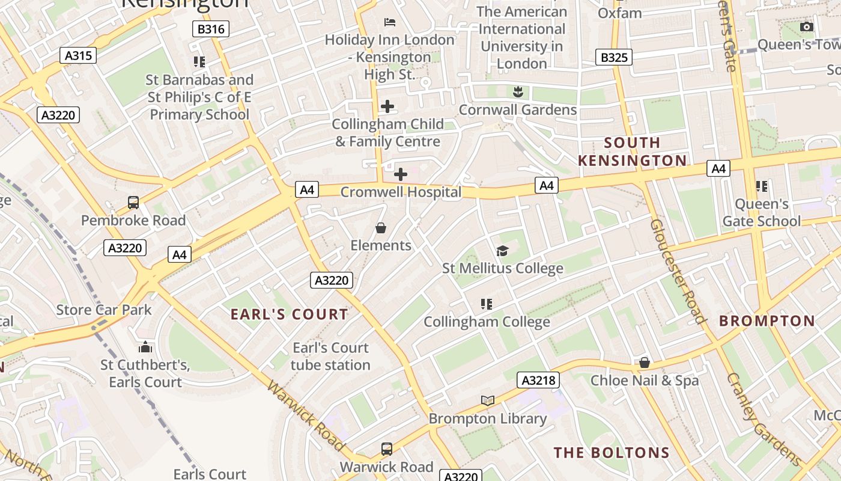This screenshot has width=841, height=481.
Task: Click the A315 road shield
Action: tap(78, 56)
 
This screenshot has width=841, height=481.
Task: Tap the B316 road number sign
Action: tap(211, 29)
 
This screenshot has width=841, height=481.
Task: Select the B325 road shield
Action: tap(613, 57)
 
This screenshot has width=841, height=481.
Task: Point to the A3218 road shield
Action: tap(538, 380)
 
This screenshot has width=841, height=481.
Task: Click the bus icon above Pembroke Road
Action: tap(133, 203)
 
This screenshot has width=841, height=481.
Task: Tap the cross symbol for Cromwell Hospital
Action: tap(400, 174)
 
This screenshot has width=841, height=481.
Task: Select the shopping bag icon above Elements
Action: tap(380, 228)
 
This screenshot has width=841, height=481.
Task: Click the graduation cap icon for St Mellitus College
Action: tap(502, 251)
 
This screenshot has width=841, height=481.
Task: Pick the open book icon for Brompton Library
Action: tap(487, 400)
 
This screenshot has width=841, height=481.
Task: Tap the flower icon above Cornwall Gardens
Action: tap(517, 92)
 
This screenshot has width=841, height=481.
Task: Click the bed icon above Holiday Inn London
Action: tap(390, 22)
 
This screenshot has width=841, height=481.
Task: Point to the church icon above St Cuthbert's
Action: tap(145, 347)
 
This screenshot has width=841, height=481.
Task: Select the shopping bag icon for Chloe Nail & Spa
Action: tap(644, 363)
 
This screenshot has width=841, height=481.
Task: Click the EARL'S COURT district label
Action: tap(289, 314)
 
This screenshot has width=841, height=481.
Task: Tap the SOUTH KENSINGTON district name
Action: tap(632, 152)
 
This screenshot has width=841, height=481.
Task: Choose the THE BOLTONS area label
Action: tap(612, 453)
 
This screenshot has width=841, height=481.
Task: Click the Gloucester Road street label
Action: tap(677, 271)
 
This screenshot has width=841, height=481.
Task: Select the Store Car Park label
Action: tap(104, 310)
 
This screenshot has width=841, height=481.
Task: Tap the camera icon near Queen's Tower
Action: tap(807, 27)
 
